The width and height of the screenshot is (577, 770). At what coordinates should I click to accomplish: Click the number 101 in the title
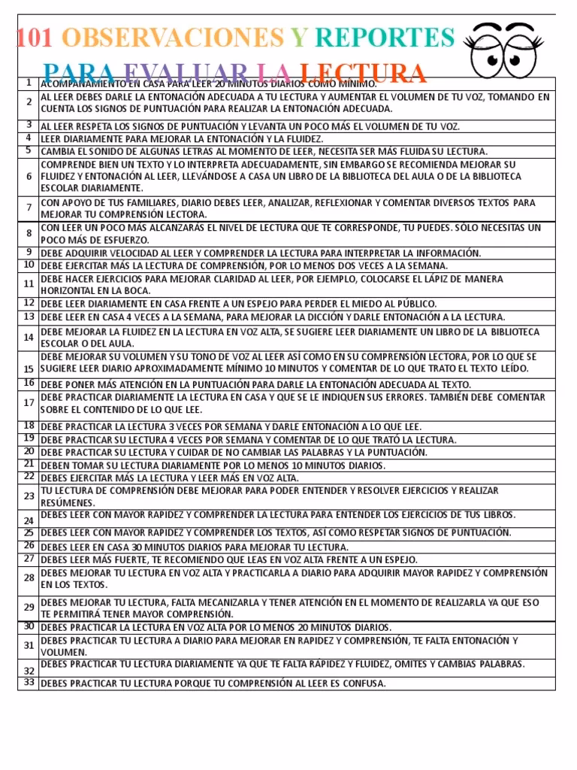[x=34, y=38]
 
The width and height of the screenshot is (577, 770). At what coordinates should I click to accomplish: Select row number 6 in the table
[x=29, y=176]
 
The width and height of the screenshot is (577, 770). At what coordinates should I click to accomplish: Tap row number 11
[x=29, y=283]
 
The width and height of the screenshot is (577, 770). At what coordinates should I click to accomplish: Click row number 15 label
[x=29, y=369]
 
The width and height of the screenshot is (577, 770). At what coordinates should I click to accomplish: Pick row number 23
[x=29, y=496]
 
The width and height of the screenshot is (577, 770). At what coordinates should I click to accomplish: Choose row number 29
[x=29, y=608]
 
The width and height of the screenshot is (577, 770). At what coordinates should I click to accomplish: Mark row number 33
[x=29, y=682]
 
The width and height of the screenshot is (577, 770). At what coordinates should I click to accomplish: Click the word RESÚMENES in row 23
[x=68, y=502]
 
